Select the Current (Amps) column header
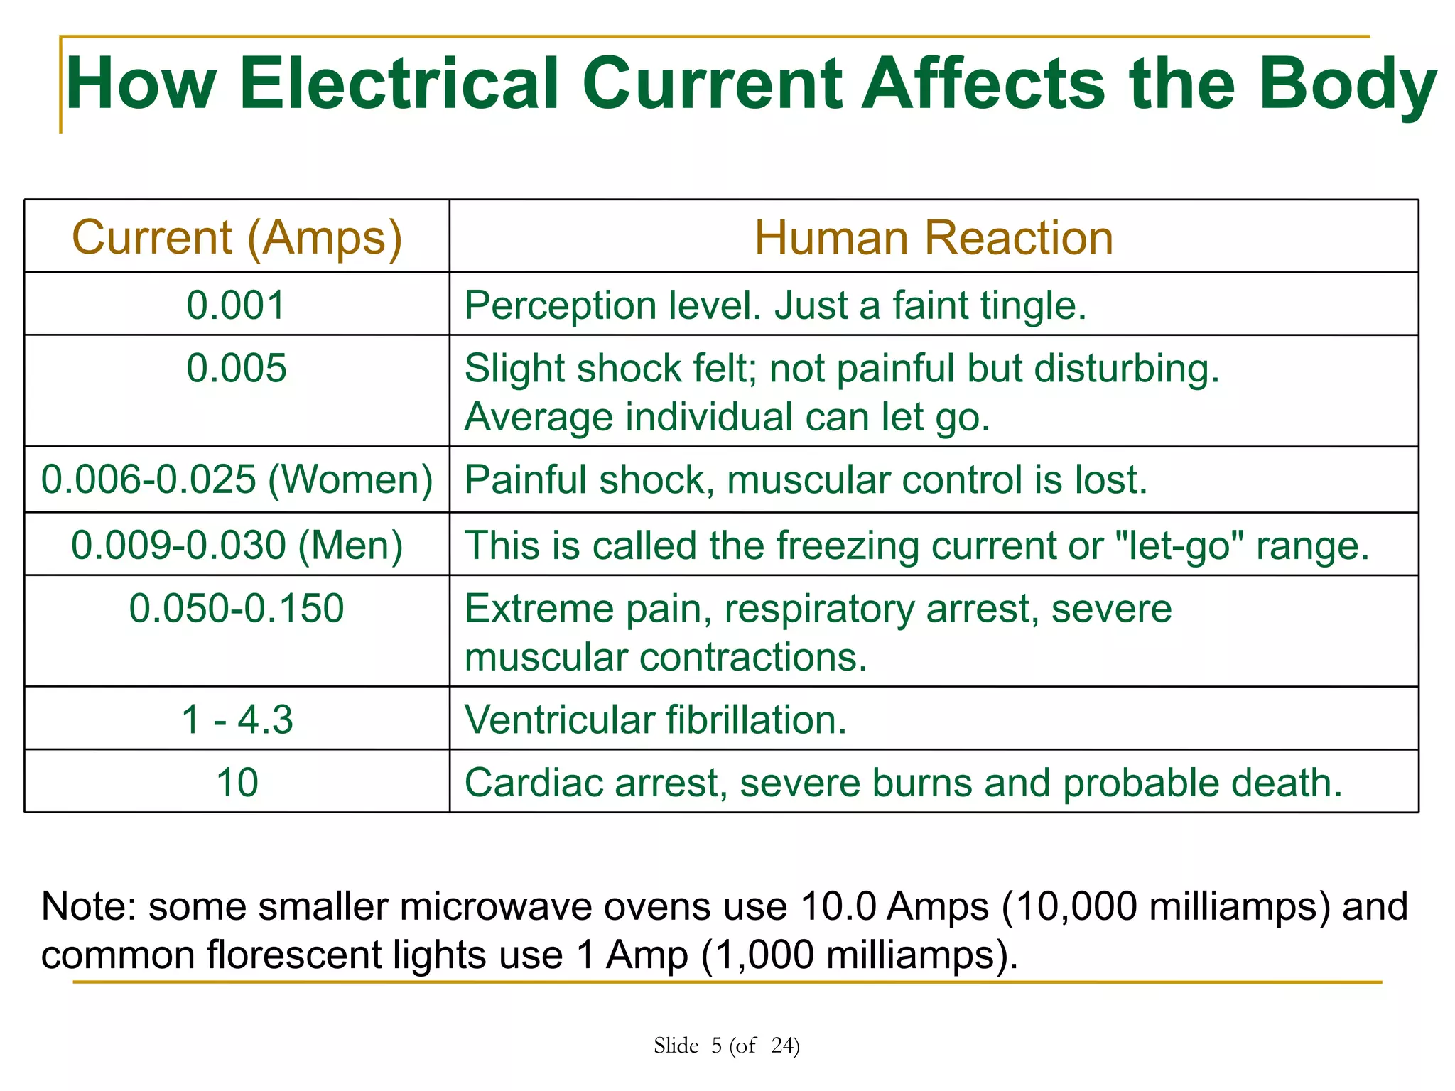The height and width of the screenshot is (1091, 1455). click(x=237, y=237)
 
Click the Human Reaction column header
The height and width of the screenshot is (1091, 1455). click(x=934, y=237)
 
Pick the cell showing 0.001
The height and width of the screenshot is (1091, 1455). click(x=237, y=305)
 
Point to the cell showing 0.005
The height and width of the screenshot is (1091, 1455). click(x=237, y=369)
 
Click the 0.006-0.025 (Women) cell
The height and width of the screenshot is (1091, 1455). click(x=237, y=479)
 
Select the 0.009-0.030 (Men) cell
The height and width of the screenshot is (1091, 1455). click(x=237, y=545)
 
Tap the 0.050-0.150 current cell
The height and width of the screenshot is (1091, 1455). click(x=237, y=609)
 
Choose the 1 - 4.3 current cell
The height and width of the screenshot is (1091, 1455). click(x=237, y=720)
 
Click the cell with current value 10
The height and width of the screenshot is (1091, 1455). click(x=237, y=782)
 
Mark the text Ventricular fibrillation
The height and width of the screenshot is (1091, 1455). click(x=655, y=720)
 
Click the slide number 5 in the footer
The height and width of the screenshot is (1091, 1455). click(x=716, y=1046)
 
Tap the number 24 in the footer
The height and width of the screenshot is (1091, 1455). click(x=783, y=1046)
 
